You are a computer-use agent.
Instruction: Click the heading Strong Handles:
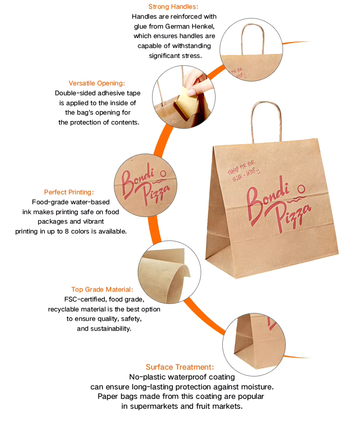point(173,7)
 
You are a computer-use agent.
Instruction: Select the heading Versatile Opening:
point(97,83)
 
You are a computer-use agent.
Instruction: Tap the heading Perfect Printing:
point(69,192)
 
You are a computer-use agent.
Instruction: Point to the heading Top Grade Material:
point(102,290)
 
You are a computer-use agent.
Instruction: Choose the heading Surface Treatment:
point(180,367)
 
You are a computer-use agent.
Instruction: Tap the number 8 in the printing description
point(67,231)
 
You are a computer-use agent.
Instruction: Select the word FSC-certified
point(85,299)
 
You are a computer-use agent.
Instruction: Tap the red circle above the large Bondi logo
point(301,189)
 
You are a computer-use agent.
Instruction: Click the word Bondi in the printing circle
point(137,180)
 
